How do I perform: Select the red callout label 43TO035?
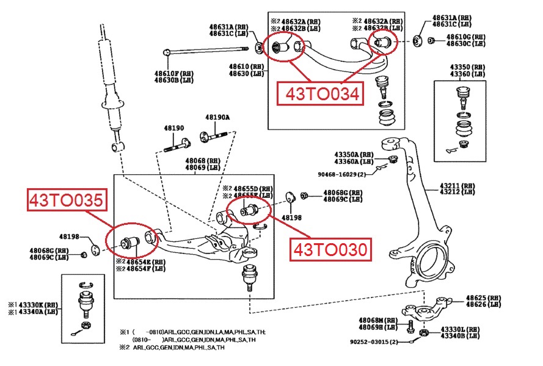64,200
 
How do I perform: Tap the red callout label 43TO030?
330,249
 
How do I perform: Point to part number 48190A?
217,117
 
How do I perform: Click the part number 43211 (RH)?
458,185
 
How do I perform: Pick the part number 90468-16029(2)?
342,174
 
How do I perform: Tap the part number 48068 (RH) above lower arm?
203,160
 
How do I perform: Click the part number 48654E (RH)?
146,262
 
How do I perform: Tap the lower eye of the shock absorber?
117,147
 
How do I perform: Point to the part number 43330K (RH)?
36,304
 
